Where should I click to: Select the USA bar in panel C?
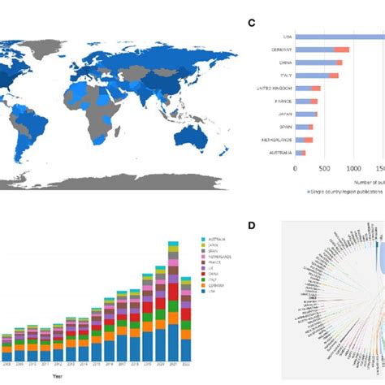tap(341, 37)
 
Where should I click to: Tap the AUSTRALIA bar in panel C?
tap(298, 152)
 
